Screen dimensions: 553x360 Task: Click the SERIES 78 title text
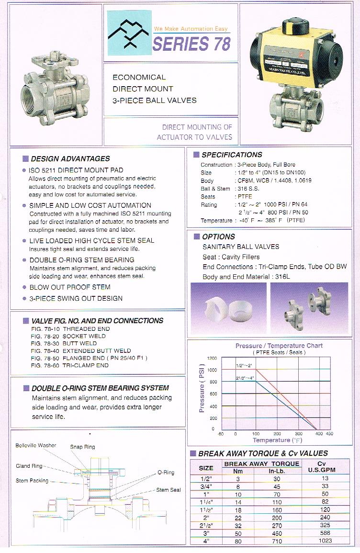(x=191, y=44)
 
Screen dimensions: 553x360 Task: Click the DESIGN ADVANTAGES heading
(x=70, y=158)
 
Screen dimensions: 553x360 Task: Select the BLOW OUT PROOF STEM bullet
(x=70, y=287)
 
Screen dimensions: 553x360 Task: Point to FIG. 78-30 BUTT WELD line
(x=63, y=343)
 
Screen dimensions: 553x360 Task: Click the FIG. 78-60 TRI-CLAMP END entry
(x=69, y=365)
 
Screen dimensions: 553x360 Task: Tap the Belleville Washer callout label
(x=36, y=445)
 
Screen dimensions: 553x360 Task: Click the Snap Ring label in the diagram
(x=82, y=447)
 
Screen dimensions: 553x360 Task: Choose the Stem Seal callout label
(x=169, y=490)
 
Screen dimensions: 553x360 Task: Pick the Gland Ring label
(x=29, y=466)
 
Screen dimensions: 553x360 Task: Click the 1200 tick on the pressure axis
(x=212, y=359)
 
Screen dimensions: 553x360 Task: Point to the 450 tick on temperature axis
(x=329, y=434)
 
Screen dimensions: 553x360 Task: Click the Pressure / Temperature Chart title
(x=279, y=346)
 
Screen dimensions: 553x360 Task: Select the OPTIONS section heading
(x=218, y=237)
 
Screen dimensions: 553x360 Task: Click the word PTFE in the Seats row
(x=245, y=197)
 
